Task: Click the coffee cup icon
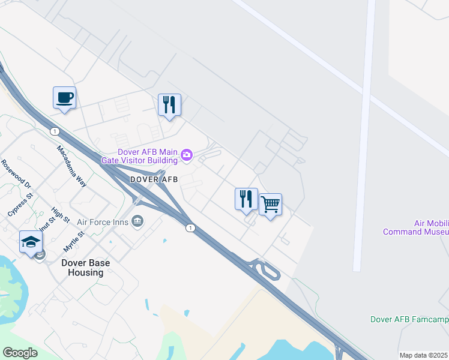click(64, 98)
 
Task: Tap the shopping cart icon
click(270, 205)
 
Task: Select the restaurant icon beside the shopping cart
click(246, 199)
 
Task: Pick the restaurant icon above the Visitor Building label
click(169, 105)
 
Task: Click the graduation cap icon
click(31, 242)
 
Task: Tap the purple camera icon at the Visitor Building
click(187, 156)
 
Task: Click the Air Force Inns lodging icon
click(138, 221)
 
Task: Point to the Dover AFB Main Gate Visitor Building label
click(148, 156)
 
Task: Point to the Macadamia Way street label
click(72, 166)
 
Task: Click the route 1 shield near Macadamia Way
click(55, 131)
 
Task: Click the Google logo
click(20, 353)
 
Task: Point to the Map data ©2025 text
click(423, 355)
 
